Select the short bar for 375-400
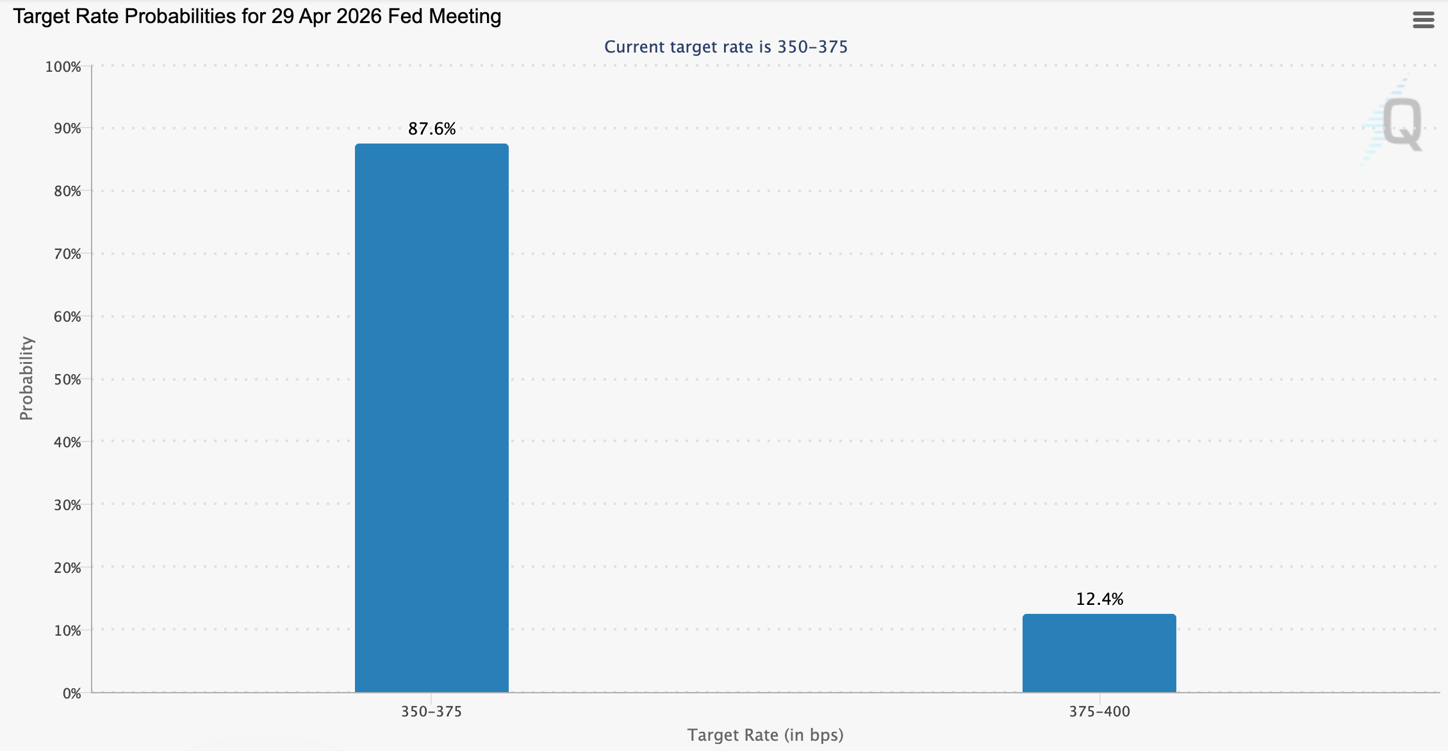(1099, 653)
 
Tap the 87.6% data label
(432, 129)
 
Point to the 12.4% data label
(1099, 599)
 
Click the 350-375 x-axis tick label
(431, 711)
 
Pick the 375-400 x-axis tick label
(1099, 711)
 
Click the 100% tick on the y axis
(63, 67)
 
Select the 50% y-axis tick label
(67, 379)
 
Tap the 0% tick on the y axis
(72, 693)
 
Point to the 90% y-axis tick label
(67, 129)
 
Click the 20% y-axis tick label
(67, 568)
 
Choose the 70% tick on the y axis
(67, 254)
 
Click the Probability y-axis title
(26, 378)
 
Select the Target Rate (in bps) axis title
(765, 735)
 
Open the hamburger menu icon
(1423, 21)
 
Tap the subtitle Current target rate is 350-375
(726, 47)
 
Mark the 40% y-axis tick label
(67, 442)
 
